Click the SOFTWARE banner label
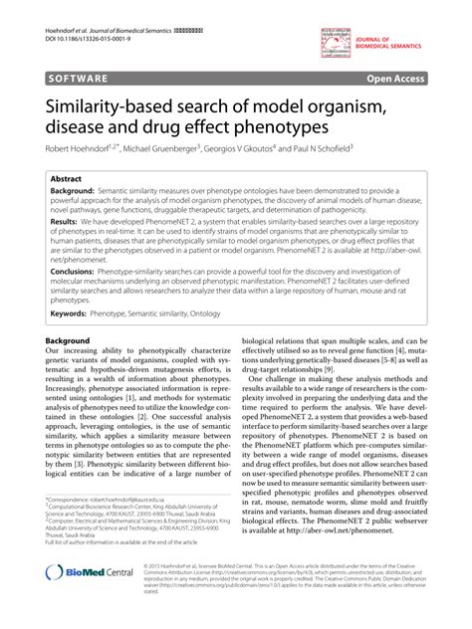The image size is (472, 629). coord(76,75)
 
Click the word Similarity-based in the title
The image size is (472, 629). coord(117,105)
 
